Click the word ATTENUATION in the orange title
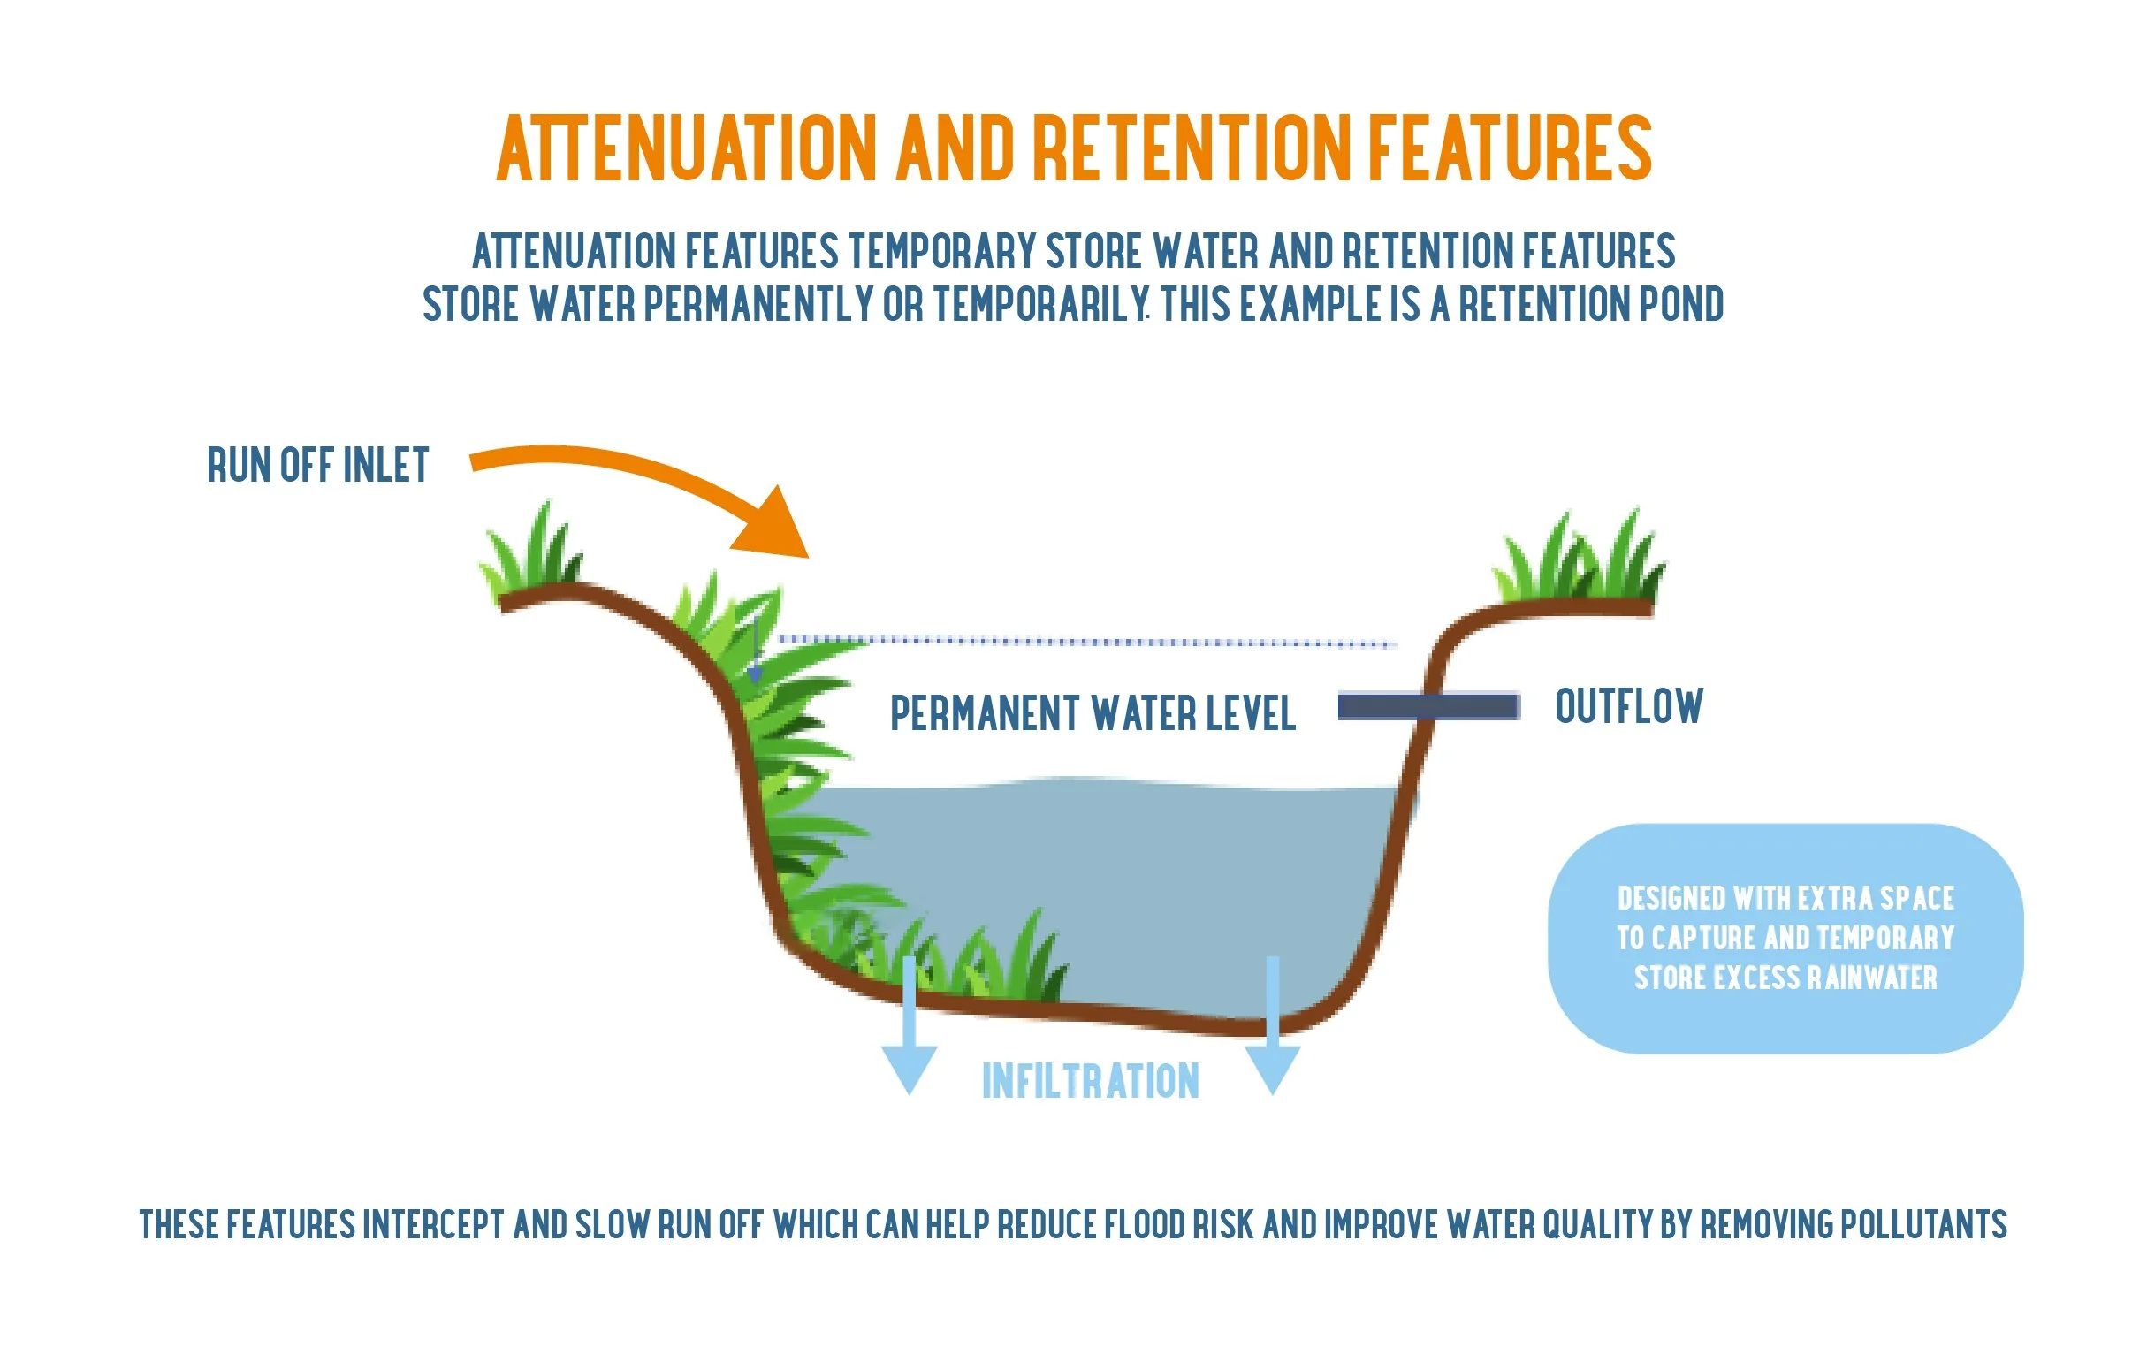687,148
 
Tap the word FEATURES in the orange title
1510,148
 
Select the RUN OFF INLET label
318,465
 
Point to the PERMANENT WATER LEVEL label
1093,714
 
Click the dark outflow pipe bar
1428,707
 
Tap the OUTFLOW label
1629,707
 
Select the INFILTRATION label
1091,1081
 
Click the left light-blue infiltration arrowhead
909,1068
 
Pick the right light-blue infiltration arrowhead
1272,1068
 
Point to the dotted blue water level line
1088,641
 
